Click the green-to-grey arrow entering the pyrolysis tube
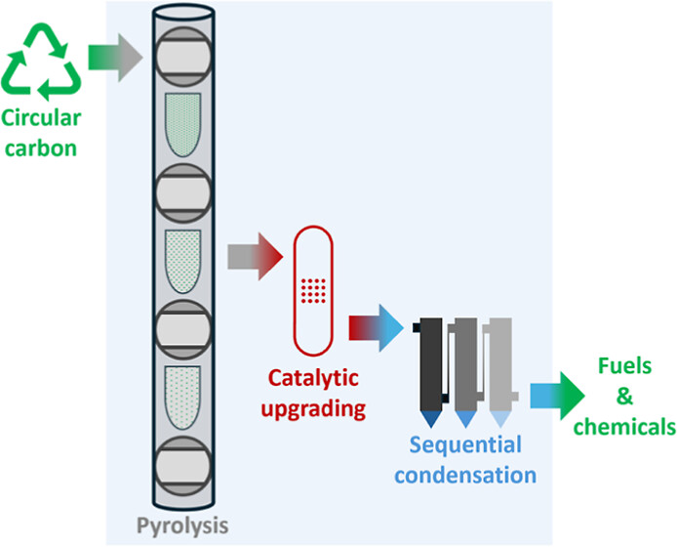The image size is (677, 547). click(114, 58)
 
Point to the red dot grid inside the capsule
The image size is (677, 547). click(312, 290)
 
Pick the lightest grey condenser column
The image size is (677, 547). click(499, 363)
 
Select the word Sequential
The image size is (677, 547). click(465, 446)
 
